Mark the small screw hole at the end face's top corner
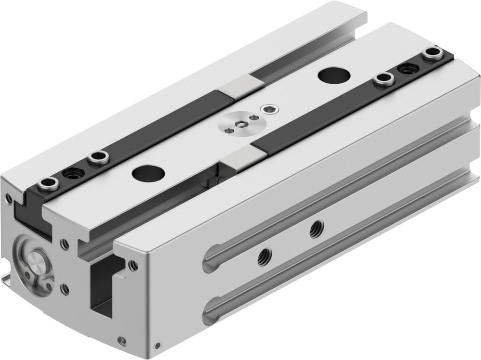coord(8,196)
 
